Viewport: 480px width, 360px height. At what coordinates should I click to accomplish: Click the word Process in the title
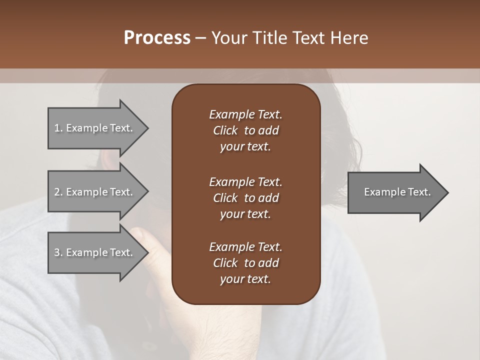(x=157, y=38)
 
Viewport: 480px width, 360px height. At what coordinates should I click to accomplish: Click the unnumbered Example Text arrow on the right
(x=397, y=192)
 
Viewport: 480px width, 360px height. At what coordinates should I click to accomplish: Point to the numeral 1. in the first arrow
(x=58, y=128)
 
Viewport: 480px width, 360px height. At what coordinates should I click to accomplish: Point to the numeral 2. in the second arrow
(x=58, y=192)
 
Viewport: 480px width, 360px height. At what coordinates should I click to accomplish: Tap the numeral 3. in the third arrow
(x=58, y=252)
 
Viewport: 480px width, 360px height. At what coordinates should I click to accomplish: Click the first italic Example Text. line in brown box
(x=245, y=114)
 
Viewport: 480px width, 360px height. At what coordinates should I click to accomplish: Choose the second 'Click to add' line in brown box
(x=245, y=198)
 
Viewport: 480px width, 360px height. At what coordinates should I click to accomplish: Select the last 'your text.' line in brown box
(x=245, y=279)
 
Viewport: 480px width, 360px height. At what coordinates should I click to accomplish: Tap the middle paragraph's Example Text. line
(x=245, y=182)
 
